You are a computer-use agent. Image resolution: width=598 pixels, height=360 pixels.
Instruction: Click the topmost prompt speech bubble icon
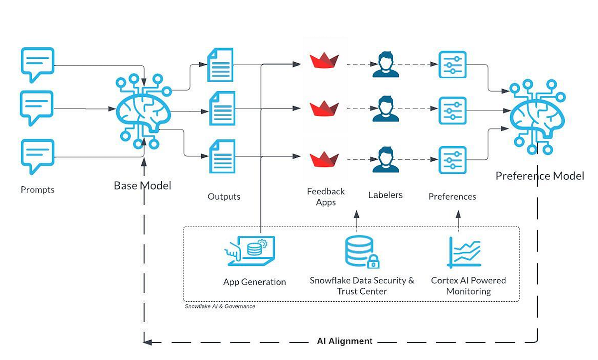point(37,64)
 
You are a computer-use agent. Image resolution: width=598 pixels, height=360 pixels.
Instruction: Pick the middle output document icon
point(222,108)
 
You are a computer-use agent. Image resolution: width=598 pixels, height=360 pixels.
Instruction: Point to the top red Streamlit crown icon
point(324,61)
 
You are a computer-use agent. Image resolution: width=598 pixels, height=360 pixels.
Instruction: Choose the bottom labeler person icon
point(386,159)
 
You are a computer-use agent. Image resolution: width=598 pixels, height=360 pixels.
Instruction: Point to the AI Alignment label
point(344,341)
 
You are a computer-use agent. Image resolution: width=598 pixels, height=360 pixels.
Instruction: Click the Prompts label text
point(37,190)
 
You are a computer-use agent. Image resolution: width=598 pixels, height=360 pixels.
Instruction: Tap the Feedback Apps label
point(326,197)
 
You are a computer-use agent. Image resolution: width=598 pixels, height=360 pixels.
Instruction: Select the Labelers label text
point(385,195)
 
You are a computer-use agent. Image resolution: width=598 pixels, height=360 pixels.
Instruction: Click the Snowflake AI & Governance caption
point(220,306)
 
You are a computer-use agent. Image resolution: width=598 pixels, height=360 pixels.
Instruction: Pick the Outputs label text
point(224,197)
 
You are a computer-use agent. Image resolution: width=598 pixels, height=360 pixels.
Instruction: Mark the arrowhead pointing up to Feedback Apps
point(357,214)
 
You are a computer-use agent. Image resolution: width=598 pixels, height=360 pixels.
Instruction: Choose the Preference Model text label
point(540,176)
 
